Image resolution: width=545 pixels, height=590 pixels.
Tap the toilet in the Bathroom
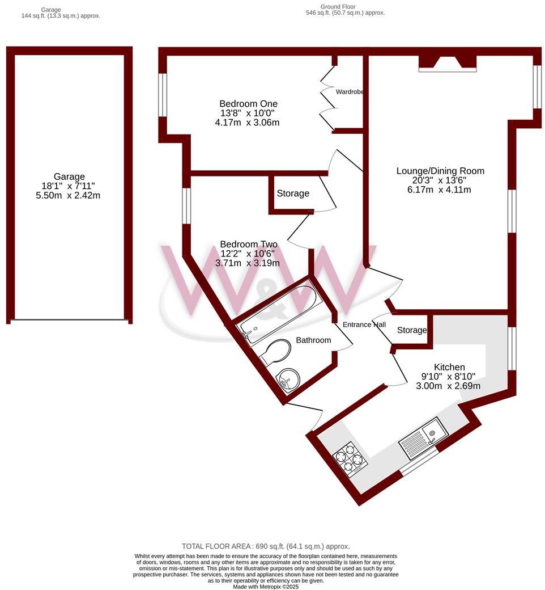pyautogui.click(x=276, y=352)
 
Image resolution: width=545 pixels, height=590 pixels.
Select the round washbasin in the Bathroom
pyautogui.click(x=288, y=377)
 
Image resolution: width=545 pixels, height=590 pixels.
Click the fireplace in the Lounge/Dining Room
pyautogui.click(x=448, y=63)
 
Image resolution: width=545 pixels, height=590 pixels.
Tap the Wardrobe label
pyautogui.click(x=349, y=91)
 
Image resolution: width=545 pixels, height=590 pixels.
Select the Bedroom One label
pyautogui.click(x=248, y=104)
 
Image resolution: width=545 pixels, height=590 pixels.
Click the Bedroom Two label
pyautogui.click(x=248, y=245)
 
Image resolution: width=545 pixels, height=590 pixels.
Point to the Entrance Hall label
pyautogui.click(x=364, y=324)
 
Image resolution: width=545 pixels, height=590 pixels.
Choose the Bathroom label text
pyautogui.click(x=313, y=340)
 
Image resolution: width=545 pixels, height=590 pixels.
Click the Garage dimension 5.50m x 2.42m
pyautogui.click(x=69, y=195)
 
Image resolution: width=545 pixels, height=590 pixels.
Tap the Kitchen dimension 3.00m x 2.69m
pyautogui.click(x=449, y=386)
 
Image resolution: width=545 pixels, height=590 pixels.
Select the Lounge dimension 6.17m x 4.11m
pyautogui.click(x=440, y=189)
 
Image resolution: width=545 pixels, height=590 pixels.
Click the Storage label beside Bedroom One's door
pyautogui.click(x=293, y=193)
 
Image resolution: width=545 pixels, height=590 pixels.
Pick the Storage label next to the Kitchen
pyautogui.click(x=411, y=330)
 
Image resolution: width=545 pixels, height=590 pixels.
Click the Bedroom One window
pyautogui.click(x=163, y=95)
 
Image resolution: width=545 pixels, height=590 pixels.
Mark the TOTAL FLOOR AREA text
pyautogui.click(x=266, y=546)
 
